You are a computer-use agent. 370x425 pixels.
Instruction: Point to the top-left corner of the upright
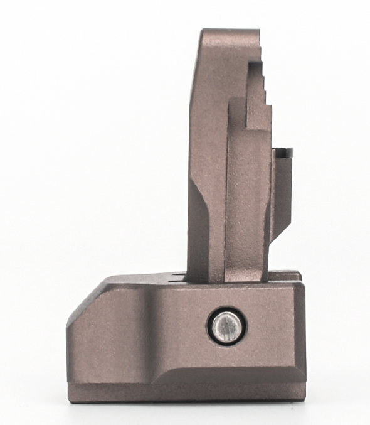pos(202,31)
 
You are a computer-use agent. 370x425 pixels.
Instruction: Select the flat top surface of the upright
pos(230,31)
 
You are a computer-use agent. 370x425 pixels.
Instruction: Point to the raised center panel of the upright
pos(248,188)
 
